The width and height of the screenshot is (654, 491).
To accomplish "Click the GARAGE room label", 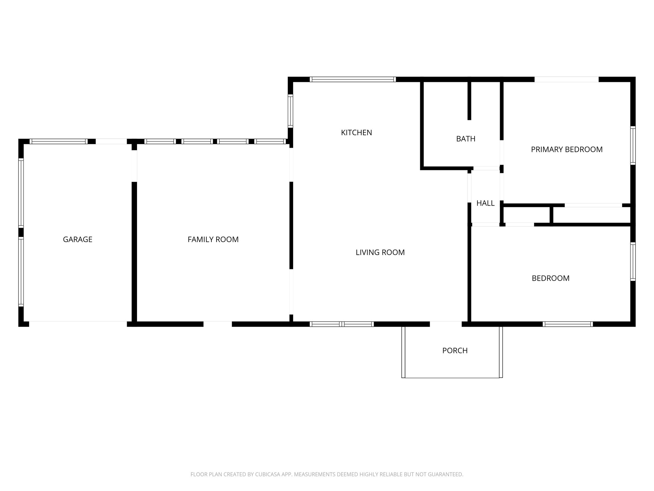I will (x=78, y=239).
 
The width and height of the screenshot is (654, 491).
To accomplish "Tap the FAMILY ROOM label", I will (x=213, y=239).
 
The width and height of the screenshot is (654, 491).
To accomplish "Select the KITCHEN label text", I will (x=356, y=133).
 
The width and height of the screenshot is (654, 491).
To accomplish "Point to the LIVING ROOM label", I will (x=380, y=253).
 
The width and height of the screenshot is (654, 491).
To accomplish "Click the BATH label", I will (x=466, y=139).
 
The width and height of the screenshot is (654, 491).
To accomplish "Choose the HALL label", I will (x=485, y=203).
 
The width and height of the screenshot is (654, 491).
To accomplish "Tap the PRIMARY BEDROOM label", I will (x=567, y=150).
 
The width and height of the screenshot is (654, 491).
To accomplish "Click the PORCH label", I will (x=455, y=351).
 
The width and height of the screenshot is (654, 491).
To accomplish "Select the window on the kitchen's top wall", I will (x=353, y=80).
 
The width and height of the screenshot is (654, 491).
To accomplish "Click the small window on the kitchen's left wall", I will (x=290, y=111).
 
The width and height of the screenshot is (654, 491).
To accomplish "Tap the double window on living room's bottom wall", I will (x=342, y=324).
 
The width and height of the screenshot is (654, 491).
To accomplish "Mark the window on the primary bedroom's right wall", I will (x=633, y=145).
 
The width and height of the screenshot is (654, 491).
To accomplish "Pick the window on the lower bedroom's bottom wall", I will (x=567, y=324).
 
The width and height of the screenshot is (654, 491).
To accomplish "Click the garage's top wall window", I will (x=58, y=142).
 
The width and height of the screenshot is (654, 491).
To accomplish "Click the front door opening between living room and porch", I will (x=445, y=324).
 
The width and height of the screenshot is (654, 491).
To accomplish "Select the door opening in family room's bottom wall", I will (x=217, y=324).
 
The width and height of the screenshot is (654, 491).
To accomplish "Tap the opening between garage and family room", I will (x=134, y=166).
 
